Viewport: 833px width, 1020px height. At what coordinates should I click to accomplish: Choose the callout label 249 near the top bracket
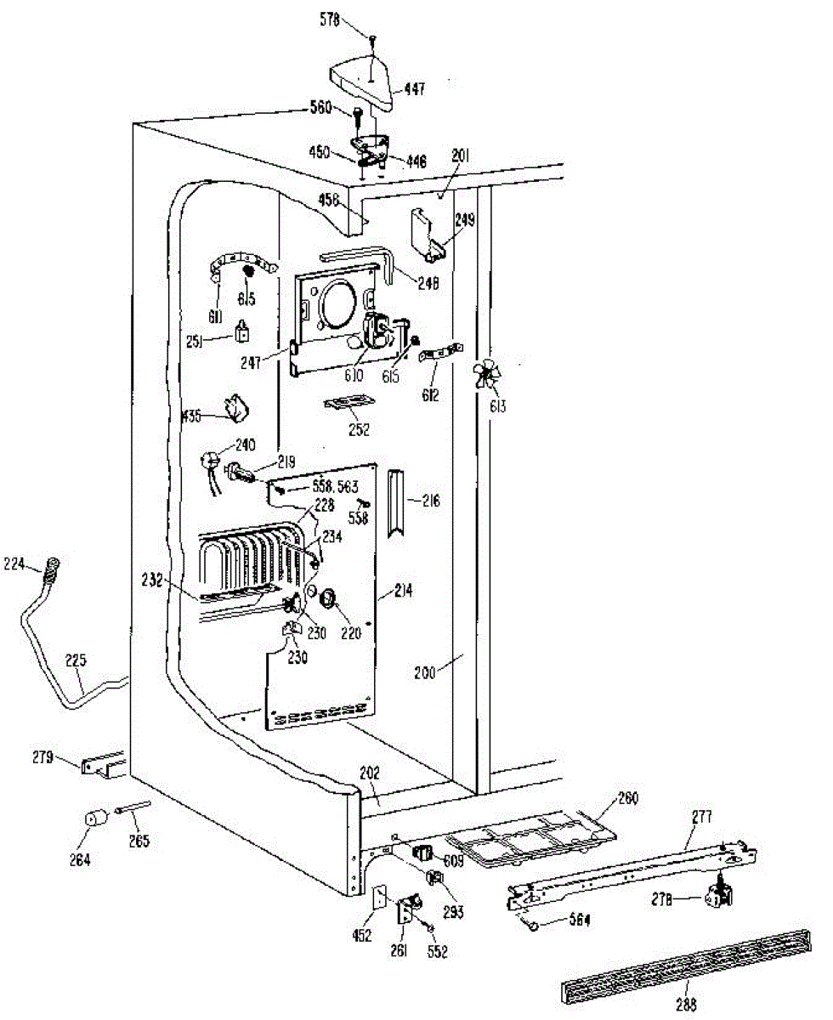pos(464,220)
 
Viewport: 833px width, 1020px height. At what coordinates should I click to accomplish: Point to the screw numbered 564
pos(533,924)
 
